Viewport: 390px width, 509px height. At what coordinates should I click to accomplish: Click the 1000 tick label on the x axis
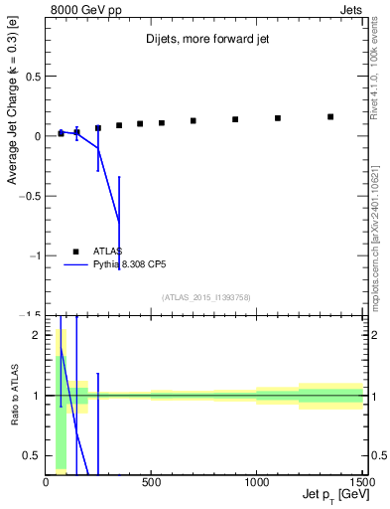click(256, 483)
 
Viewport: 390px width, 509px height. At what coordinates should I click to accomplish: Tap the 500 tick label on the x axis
click(151, 483)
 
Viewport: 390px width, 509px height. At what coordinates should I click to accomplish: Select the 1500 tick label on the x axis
click(360, 483)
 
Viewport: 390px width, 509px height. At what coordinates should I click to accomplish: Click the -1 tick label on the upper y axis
click(34, 256)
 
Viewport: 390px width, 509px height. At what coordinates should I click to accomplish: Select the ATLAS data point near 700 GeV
click(194, 121)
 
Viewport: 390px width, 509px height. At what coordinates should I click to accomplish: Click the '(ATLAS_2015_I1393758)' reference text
click(204, 296)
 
